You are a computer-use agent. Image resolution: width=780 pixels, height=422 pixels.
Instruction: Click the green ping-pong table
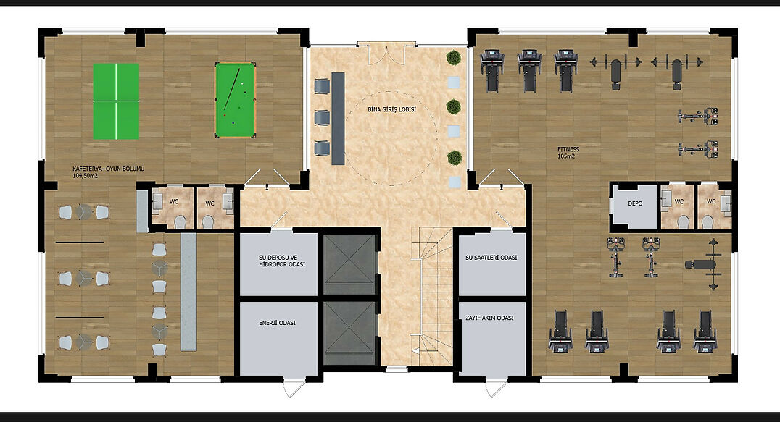(116, 101)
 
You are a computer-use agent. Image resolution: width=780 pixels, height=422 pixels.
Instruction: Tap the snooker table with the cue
(236, 100)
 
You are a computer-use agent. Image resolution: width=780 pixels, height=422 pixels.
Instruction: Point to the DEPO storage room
(635, 206)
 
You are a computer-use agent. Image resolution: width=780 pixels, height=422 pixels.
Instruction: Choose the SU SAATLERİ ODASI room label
(491, 258)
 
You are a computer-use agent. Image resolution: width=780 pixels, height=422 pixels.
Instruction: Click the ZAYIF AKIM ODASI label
(489, 318)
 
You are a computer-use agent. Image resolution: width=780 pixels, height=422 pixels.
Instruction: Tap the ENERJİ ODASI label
(277, 323)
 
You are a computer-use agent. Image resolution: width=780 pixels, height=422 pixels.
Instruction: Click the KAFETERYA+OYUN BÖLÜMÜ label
(109, 172)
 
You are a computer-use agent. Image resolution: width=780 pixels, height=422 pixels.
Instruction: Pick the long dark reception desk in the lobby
(339, 119)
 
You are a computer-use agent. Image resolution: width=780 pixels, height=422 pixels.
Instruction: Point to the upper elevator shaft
(349, 264)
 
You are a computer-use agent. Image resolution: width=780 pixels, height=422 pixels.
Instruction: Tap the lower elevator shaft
(349, 333)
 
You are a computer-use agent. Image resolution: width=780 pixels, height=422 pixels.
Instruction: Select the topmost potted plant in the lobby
(453, 58)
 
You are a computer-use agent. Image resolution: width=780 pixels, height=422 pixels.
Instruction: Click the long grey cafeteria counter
(188, 292)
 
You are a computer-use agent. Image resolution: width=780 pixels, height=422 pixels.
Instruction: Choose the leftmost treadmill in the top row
(491, 70)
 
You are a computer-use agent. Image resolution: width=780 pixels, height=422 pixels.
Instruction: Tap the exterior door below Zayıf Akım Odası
(496, 387)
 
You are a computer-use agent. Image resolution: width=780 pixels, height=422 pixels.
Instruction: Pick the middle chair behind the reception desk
(322, 118)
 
